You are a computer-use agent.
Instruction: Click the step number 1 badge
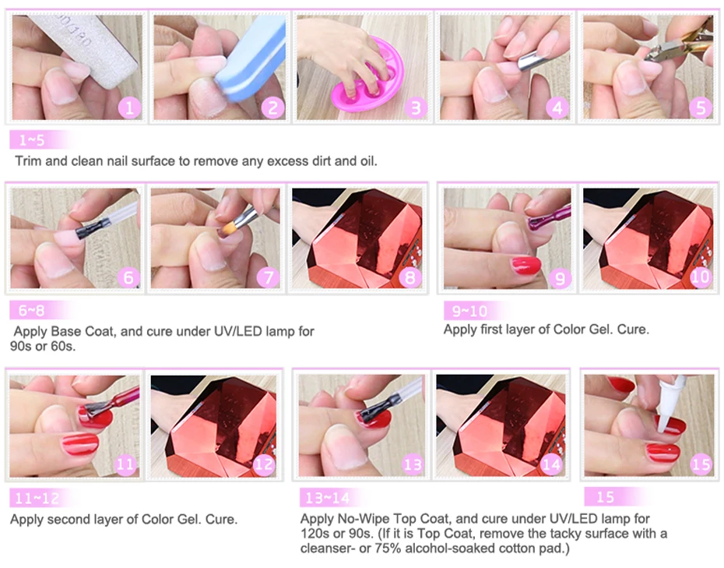click(130, 108)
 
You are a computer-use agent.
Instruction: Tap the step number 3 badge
click(416, 108)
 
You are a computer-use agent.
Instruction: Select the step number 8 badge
click(409, 277)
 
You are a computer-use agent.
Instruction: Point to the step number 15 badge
click(701, 464)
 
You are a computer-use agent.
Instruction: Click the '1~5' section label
click(32, 140)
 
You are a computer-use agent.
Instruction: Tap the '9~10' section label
click(469, 311)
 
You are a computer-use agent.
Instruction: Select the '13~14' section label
click(328, 498)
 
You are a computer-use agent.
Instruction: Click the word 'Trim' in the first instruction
click(29, 161)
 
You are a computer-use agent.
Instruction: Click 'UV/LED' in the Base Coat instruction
click(237, 331)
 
